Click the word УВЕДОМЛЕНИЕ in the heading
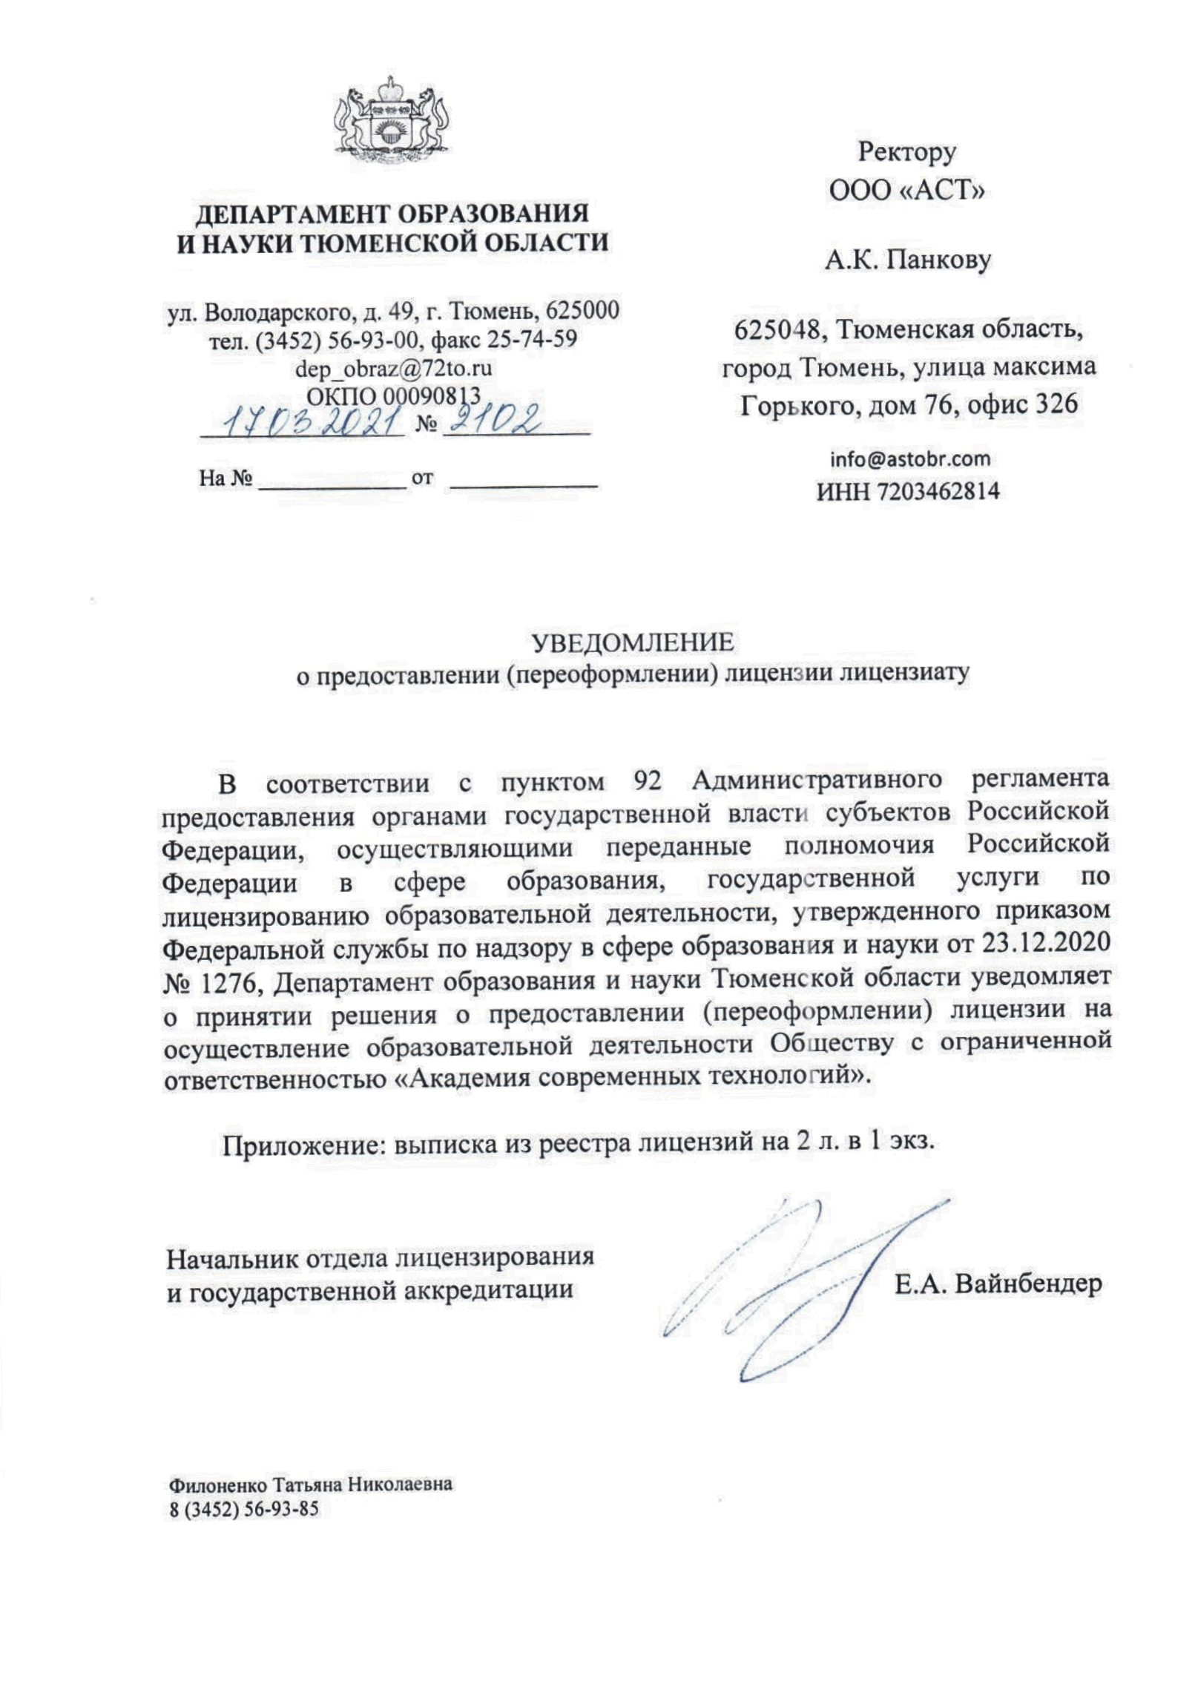pos(633,642)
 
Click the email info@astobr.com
pos(909,459)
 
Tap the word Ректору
pos(906,153)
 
